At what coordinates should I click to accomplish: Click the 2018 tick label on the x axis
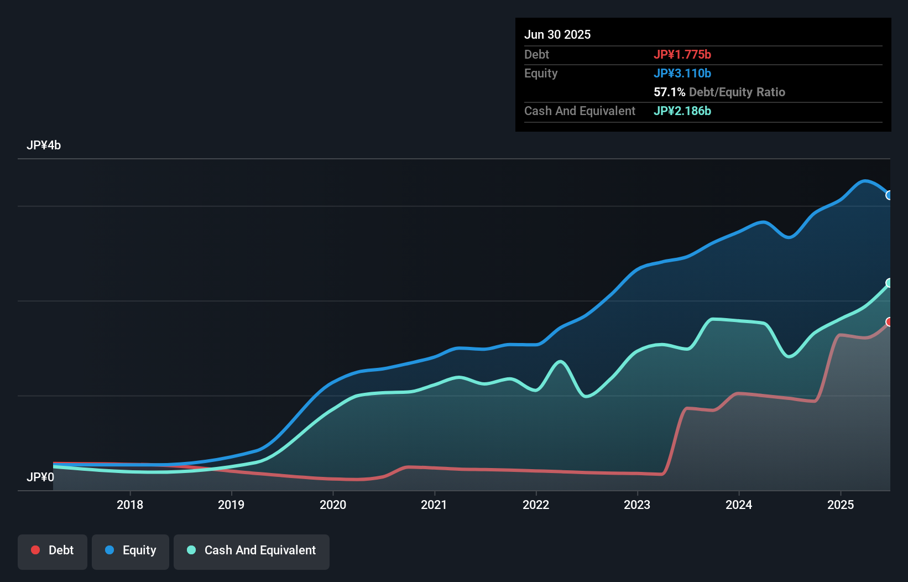(130, 505)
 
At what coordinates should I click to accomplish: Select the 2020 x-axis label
(333, 505)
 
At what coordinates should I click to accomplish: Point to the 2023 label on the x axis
(637, 505)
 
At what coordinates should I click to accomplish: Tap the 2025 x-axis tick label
(840, 505)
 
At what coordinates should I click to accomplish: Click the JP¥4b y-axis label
(44, 145)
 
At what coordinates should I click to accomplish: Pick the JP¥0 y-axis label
(40, 477)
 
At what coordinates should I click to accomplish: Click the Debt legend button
(53, 550)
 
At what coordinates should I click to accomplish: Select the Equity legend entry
(131, 550)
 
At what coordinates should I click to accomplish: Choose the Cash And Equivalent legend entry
(252, 550)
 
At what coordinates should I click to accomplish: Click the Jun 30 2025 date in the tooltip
(557, 34)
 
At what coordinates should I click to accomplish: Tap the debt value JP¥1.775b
(682, 54)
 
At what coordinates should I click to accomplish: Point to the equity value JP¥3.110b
(682, 73)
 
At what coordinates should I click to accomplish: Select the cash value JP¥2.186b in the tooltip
(682, 111)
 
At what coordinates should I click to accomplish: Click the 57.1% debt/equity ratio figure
(669, 92)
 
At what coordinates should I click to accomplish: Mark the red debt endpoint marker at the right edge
(889, 321)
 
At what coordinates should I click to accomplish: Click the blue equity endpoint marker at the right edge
(889, 195)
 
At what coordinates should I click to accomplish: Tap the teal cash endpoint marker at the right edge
(889, 283)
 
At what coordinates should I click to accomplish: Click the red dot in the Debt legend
(35, 550)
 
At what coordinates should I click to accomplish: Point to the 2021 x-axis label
(434, 505)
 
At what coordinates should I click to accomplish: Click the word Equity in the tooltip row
(541, 73)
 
